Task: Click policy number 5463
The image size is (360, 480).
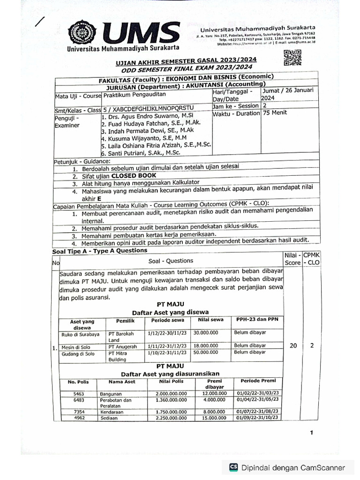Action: pos(79,394)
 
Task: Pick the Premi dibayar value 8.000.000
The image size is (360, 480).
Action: pos(215,412)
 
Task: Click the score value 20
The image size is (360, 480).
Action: pos(293,345)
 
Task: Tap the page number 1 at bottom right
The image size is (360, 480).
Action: pos(311,433)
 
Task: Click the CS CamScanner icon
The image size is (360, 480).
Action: pos(233,467)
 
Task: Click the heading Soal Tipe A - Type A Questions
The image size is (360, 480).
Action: pos(100,251)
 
